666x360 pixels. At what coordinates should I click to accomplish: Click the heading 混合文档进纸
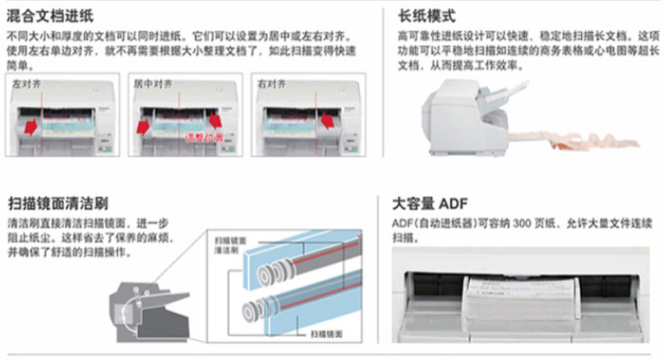click(x=50, y=15)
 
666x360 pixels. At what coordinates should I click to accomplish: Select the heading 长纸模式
click(x=427, y=15)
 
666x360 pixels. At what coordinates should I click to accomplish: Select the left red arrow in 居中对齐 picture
click(x=142, y=128)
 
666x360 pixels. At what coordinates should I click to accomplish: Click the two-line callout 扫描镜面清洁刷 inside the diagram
click(x=226, y=243)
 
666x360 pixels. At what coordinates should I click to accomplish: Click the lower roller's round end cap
click(x=252, y=308)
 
